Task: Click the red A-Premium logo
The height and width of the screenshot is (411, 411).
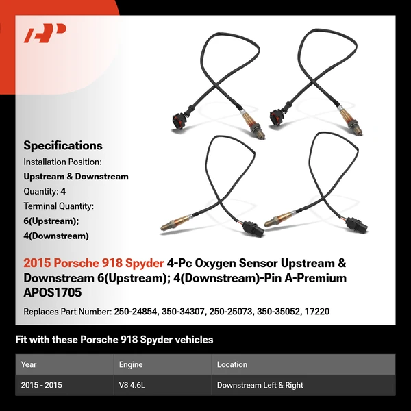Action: click(45, 34)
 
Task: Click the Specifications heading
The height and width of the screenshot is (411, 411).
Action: click(63, 145)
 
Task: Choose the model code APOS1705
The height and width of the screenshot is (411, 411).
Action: click(52, 292)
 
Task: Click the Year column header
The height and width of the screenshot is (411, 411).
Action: click(29, 364)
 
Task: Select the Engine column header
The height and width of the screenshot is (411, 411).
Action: click(131, 364)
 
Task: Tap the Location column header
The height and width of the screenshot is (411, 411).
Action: click(232, 364)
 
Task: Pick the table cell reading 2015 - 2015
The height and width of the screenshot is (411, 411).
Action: click(42, 385)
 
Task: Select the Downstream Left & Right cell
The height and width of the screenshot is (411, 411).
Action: click(260, 385)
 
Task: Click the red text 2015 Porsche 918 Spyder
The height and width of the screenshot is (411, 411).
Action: click(93, 263)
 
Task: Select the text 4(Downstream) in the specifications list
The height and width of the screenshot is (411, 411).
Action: click(56, 236)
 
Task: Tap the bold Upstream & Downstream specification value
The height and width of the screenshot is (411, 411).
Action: click(76, 176)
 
